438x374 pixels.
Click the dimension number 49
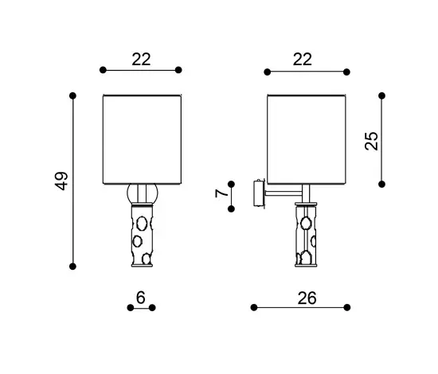click(x=62, y=181)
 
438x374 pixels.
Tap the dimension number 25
click(x=372, y=141)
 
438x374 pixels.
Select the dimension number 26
click(x=307, y=298)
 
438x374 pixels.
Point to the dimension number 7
click(x=221, y=193)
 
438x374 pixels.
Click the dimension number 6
click(x=141, y=298)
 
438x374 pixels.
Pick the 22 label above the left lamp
click(x=141, y=59)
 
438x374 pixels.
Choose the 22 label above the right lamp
click(x=303, y=59)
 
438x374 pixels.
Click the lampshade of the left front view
click(x=143, y=139)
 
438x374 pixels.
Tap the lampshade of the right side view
click(x=307, y=139)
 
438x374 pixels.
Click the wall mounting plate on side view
click(x=259, y=193)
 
